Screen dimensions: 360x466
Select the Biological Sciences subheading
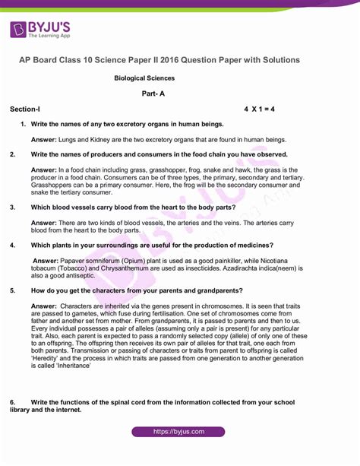(x=144, y=78)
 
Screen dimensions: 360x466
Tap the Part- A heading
(x=153, y=94)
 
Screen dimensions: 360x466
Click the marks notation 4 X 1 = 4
(x=259, y=109)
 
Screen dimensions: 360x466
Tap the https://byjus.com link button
(x=179, y=431)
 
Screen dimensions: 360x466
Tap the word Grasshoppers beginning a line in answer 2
(x=54, y=185)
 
